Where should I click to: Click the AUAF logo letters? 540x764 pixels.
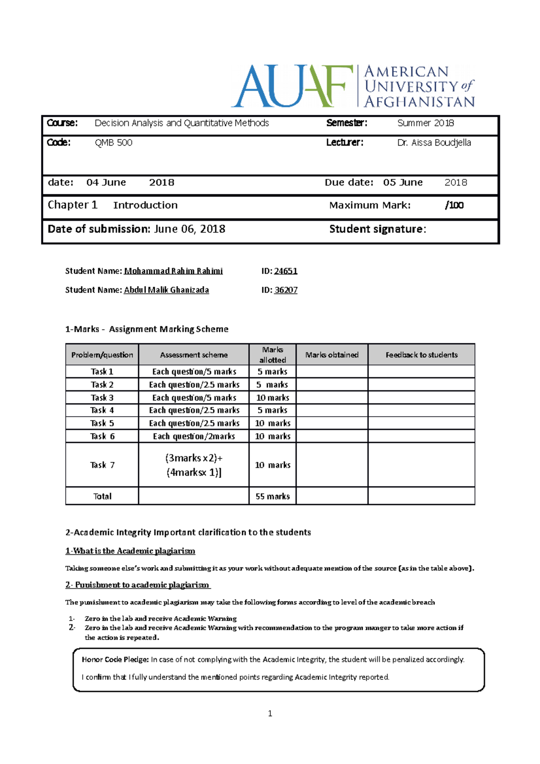pyautogui.click(x=292, y=86)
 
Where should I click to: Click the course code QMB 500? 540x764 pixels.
pyautogui.click(x=113, y=143)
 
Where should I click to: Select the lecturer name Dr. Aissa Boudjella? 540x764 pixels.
pyautogui.click(x=434, y=143)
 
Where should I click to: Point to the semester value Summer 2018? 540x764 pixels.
pyautogui.click(x=425, y=123)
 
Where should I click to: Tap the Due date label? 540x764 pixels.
pyautogui.click(x=349, y=182)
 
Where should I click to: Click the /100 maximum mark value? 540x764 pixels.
pyautogui.click(x=454, y=205)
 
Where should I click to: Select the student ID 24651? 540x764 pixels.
pyautogui.click(x=286, y=271)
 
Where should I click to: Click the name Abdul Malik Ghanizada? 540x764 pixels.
pyautogui.click(x=166, y=290)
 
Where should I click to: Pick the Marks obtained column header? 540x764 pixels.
pyautogui.click(x=332, y=355)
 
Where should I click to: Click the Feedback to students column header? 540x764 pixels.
pyautogui.click(x=421, y=355)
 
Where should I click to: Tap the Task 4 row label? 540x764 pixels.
pyautogui.click(x=102, y=410)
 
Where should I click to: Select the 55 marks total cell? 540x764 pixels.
pyautogui.click(x=272, y=496)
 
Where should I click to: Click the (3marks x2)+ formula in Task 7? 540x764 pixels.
pyautogui.click(x=193, y=458)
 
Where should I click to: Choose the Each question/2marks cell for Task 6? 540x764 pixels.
pyautogui.click(x=193, y=436)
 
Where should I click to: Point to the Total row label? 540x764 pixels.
pyautogui.click(x=102, y=496)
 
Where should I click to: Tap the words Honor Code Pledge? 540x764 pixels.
pyautogui.click(x=115, y=659)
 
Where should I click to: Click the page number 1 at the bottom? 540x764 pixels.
pyautogui.click(x=270, y=713)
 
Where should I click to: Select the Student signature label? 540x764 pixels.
pyautogui.click(x=377, y=229)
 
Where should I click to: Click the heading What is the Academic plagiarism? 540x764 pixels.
pyautogui.click(x=130, y=551)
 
